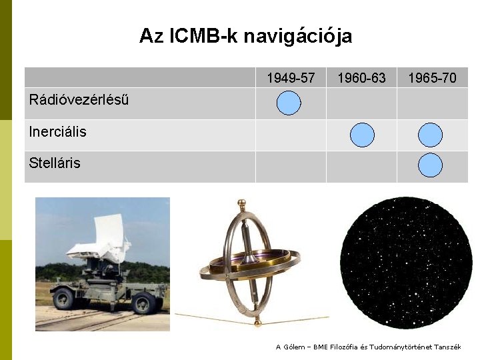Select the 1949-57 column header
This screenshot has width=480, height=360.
(x=291, y=78)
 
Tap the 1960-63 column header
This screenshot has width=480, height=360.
(x=361, y=78)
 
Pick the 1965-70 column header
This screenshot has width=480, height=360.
(x=432, y=78)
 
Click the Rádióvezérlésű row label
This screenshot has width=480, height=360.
(x=79, y=100)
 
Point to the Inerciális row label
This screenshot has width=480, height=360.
(x=58, y=132)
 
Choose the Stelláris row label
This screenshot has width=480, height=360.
(x=55, y=163)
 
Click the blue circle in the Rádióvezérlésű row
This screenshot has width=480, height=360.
(x=289, y=103)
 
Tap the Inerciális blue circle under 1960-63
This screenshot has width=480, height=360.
(x=362, y=135)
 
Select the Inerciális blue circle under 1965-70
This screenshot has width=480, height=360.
(x=430, y=135)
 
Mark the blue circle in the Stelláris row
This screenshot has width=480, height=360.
(x=430, y=165)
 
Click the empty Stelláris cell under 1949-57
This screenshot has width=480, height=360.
(x=291, y=167)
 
